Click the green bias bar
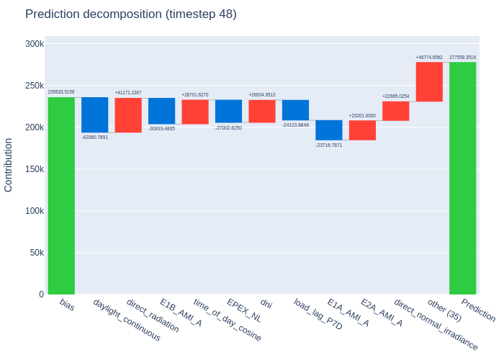click(x=61, y=195)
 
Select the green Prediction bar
click(x=462, y=178)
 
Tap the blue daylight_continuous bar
click(x=95, y=114)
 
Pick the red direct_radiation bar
click(x=128, y=115)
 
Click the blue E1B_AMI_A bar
click(x=162, y=111)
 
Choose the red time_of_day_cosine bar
click(x=195, y=112)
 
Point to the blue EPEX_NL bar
click(x=228, y=111)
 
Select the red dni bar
click(x=262, y=111)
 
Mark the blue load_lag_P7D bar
click(x=295, y=110)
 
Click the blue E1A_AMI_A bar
click(x=329, y=130)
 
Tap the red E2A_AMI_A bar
click(x=362, y=130)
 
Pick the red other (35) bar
click(x=429, y=81)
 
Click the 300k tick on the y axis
click(x=35, y=44)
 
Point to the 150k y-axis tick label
click(x=35, y=169)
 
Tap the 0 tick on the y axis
click(x=42, y=294)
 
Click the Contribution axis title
click(x=8, y=165)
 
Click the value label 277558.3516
click(x=462, y=57)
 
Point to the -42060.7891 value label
click(x=95, y=138)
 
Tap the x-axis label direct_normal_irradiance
click(x=436, y=324)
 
